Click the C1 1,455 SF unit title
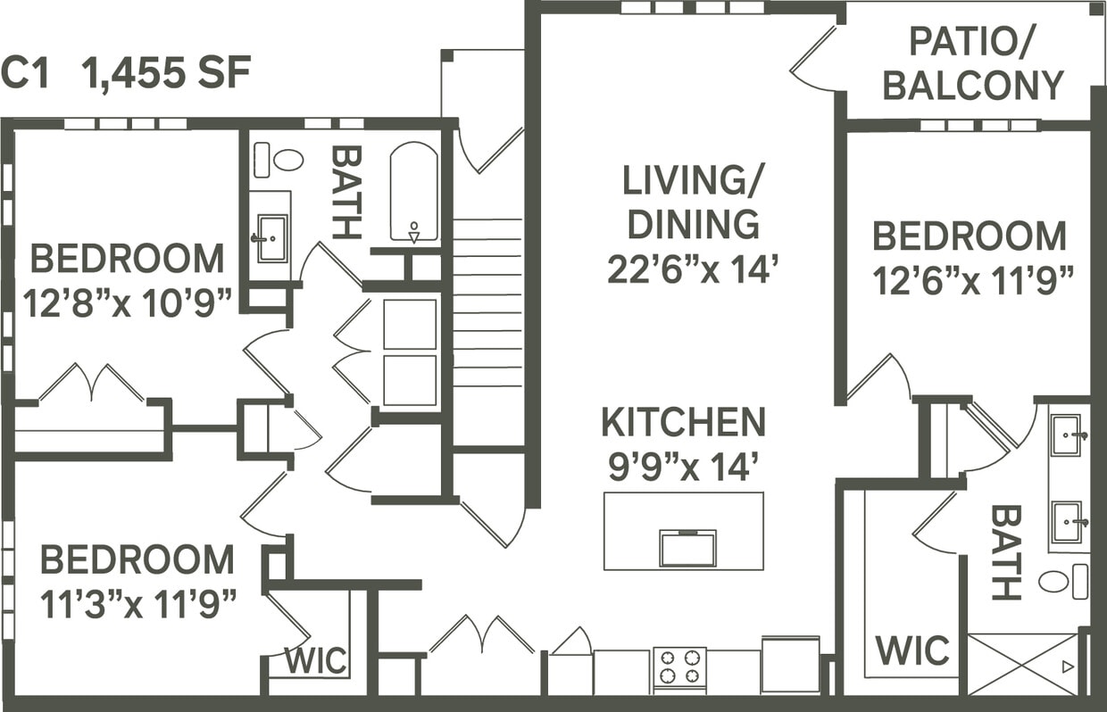(x=126, y=73)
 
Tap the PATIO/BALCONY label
(x=972, y=63)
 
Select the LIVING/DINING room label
(x=692, y=203)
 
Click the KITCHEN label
(x=683, y=423)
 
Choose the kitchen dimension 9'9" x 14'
(x=683, y=467)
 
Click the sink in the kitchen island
(x=687, y=548)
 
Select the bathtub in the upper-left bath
(x=413, y=192)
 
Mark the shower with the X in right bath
(x=1022, y=664)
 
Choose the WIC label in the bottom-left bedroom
(x=316, y=661)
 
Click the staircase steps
(x=487, y=303)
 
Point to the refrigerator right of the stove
(x=790, y=665)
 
